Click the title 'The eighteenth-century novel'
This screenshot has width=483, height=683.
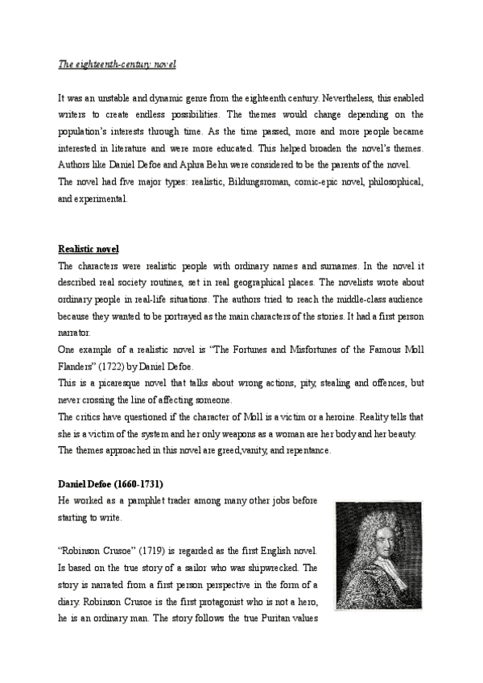[118, 64]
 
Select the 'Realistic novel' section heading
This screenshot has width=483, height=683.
[89, 249]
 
